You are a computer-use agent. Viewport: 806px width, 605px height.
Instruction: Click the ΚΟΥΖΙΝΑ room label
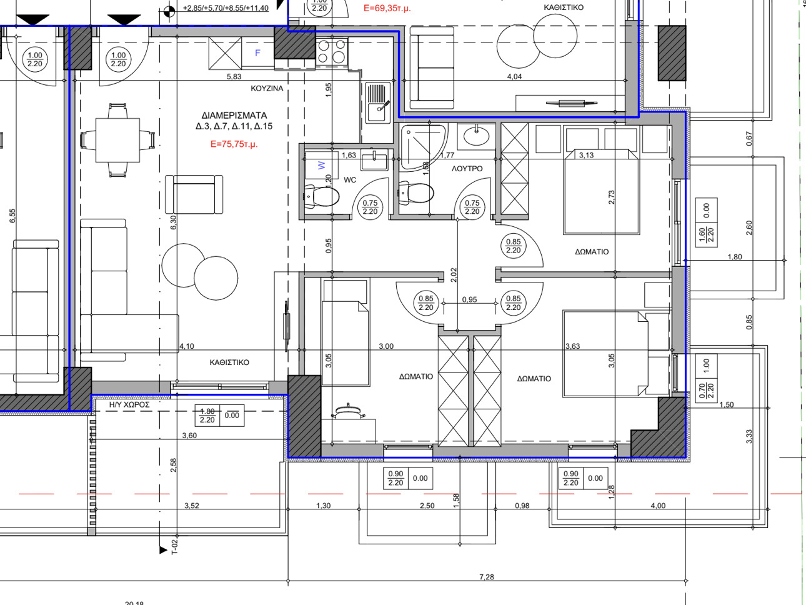267,89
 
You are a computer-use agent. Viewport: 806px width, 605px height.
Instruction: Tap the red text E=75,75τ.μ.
234,144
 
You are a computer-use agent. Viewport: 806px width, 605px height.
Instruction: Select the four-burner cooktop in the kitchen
332,52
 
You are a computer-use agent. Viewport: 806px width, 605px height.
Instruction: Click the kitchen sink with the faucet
378,103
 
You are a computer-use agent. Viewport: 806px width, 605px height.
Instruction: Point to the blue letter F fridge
258,53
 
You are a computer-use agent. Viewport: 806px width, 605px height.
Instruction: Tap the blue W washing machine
322,165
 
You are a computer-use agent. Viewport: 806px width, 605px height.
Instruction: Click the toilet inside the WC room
322,196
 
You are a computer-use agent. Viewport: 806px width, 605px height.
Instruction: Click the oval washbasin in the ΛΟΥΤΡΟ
476,137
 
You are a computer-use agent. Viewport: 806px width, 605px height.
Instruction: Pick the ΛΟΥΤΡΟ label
467,169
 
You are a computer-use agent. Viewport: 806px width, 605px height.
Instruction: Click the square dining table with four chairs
117,140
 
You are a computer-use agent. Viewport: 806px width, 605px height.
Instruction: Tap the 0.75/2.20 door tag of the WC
370,207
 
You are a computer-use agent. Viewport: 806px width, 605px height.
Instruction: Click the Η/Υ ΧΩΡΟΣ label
129,405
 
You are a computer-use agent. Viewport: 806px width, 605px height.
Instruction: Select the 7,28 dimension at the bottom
487,577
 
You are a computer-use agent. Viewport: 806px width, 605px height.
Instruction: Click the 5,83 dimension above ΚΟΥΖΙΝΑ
234,77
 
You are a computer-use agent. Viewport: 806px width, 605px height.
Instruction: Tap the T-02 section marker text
175,546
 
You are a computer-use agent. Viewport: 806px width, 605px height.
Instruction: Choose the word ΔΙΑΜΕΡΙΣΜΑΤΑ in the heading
234,116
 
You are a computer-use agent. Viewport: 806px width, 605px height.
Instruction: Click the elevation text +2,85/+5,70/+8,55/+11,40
226,8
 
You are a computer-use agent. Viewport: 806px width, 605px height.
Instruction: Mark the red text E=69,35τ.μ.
387,9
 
